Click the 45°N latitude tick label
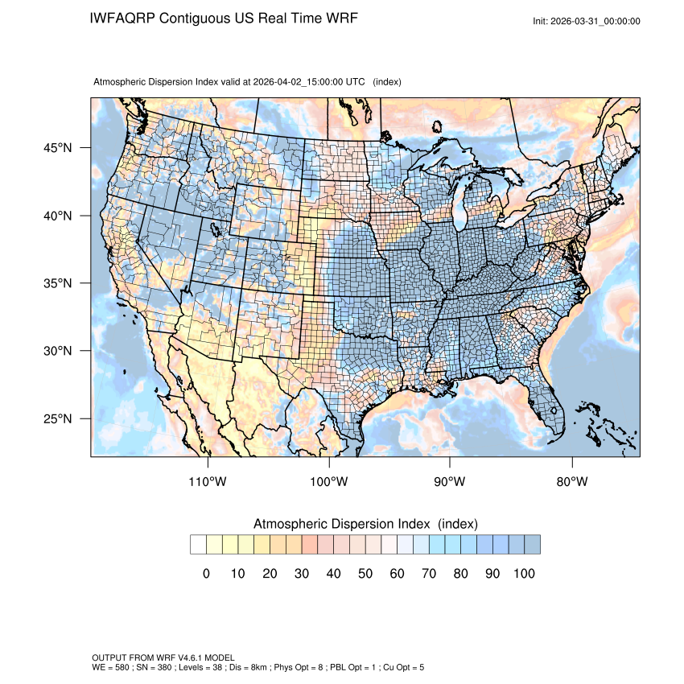pyautogui.click(x=58, y=148)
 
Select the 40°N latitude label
pyautogui.click(x=58, y=216)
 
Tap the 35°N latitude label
pyautogui.click(x=58, y=283)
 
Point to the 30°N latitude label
pyautogui.click(x=58, y=351)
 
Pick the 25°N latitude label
pyautogui.click(x=58, y=418)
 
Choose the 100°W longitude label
pyautogui.click(x=329, y=482)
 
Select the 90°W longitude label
pyautogui.click(x=450, y=482)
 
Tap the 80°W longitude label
pyautogui.click(x=571, y=482)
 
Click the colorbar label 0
pyautogui.click(x=206, y=574)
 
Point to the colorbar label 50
pyautogui.click(x=365, y=574)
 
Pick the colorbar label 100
pyautogui.click(x=524, y=574)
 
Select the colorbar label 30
pyautogui.click(x=302, y=574)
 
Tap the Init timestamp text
pyautogui.click(x=587, y=21)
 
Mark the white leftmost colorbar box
pyautogui.click(x=198, y=545)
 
